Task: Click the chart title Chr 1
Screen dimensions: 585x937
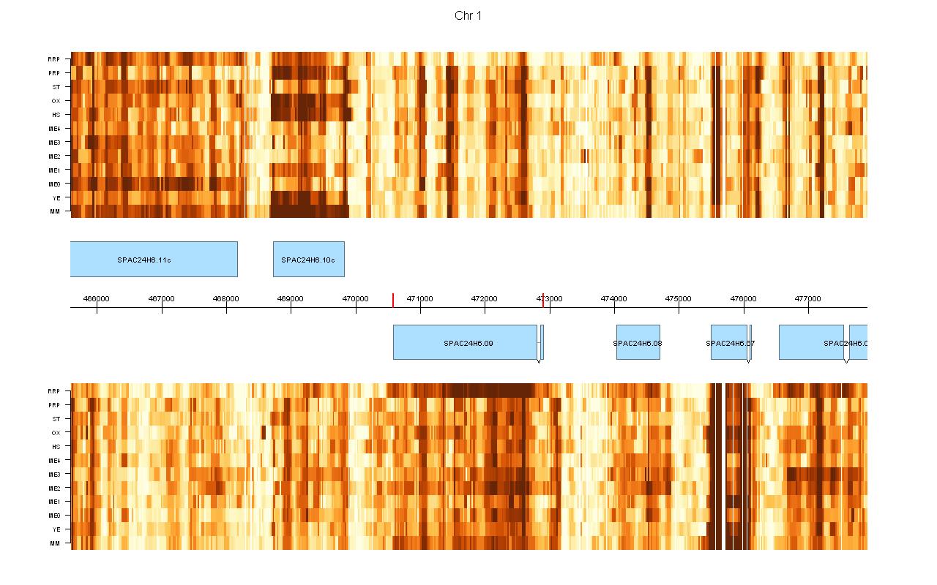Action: coord(468,16)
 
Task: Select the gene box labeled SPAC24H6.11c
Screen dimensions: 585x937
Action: coord(154,260)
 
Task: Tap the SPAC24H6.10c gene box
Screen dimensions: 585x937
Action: coord(309,260)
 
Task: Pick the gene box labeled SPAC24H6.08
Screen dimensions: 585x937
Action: coord(638,343)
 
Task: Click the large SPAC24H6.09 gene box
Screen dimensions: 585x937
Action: coord(466,343)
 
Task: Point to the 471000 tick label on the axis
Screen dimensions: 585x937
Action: coord(419,298)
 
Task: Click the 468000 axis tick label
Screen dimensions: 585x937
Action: coord(225,298)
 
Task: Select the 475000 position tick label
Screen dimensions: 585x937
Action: coord(679,298)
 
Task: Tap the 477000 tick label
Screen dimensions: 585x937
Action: coord(808,298)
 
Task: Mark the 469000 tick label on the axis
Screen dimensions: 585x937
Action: coord(291,298)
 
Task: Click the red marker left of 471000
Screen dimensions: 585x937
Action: coord(393,300)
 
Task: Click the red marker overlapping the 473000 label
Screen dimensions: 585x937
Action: coord(543,300)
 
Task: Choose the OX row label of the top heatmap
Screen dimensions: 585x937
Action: coord(56,101)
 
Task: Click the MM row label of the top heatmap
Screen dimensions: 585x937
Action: coord(55,211)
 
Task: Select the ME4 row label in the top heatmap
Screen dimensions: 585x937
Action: coord(55,129)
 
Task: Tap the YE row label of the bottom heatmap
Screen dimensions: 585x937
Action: coord(56,529)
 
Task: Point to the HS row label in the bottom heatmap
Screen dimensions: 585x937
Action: coord(56,447)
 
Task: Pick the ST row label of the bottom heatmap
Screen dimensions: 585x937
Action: coord(56,419)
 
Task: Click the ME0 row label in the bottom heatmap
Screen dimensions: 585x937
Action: coord(55,516)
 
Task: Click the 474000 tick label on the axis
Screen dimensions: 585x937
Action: coord(613,298)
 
